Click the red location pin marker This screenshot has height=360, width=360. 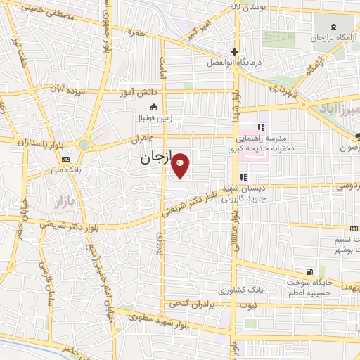[x=180, y=165]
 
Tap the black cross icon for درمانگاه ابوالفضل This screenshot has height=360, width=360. [x=235, y=51]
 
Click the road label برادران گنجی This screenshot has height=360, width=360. [x=189, y=304]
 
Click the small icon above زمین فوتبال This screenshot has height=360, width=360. [x=153, y=107]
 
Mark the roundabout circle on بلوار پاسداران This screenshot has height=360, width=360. [x=84, y=145]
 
